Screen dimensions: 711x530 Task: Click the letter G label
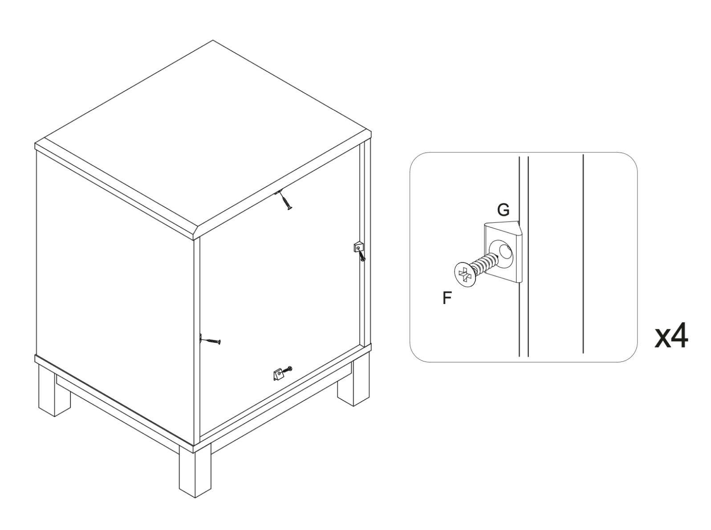coord(503,210)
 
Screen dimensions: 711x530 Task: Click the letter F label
coord(447,298)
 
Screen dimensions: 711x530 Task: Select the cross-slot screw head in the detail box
coord(464,275)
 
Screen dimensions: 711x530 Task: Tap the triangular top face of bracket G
coord(503,228)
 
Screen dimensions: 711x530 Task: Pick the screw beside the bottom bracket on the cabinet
coord(287,370)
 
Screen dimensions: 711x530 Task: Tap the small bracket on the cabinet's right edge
coord(358,247)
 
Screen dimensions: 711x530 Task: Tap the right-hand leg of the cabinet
coord(353,384)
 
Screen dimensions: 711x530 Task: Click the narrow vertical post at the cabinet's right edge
coord(365,244)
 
